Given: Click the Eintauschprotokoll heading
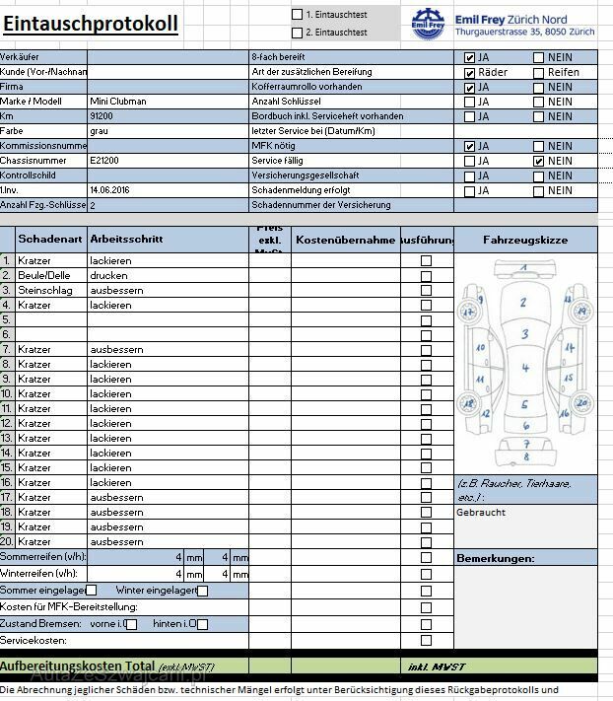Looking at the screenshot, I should (x=90, y=23).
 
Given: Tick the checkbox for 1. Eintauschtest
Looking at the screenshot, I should (x=298, y=15).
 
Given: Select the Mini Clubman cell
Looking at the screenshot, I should (x=117, y=102).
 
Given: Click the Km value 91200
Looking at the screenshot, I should (x=101, y=116).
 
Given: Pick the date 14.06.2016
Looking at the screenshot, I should (x=110, y=190).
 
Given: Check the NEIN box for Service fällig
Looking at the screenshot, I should (x=539, y=161).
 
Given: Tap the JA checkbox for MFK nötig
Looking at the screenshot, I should (x=470, y=146).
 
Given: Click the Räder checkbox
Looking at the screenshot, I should (x=470, y=72).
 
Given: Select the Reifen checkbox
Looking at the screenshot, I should (x=539, y=72).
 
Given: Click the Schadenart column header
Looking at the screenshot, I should (x=50, y=240).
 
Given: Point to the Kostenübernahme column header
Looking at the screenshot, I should (x=345, y=240).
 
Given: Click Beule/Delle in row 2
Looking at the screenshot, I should (x=44, y=276).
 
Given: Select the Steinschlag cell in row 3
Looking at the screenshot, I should (x=44, y=291).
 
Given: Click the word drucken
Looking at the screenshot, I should (x=108, y=276).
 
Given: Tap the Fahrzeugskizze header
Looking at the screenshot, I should (x=525, y=240).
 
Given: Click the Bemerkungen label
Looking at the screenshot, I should (x=496, y=559).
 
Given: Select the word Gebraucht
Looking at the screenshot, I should (x=480, y=513).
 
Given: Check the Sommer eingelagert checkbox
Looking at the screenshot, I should (x=91, y=591).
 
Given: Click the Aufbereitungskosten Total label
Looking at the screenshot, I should (x=77, y=666).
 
